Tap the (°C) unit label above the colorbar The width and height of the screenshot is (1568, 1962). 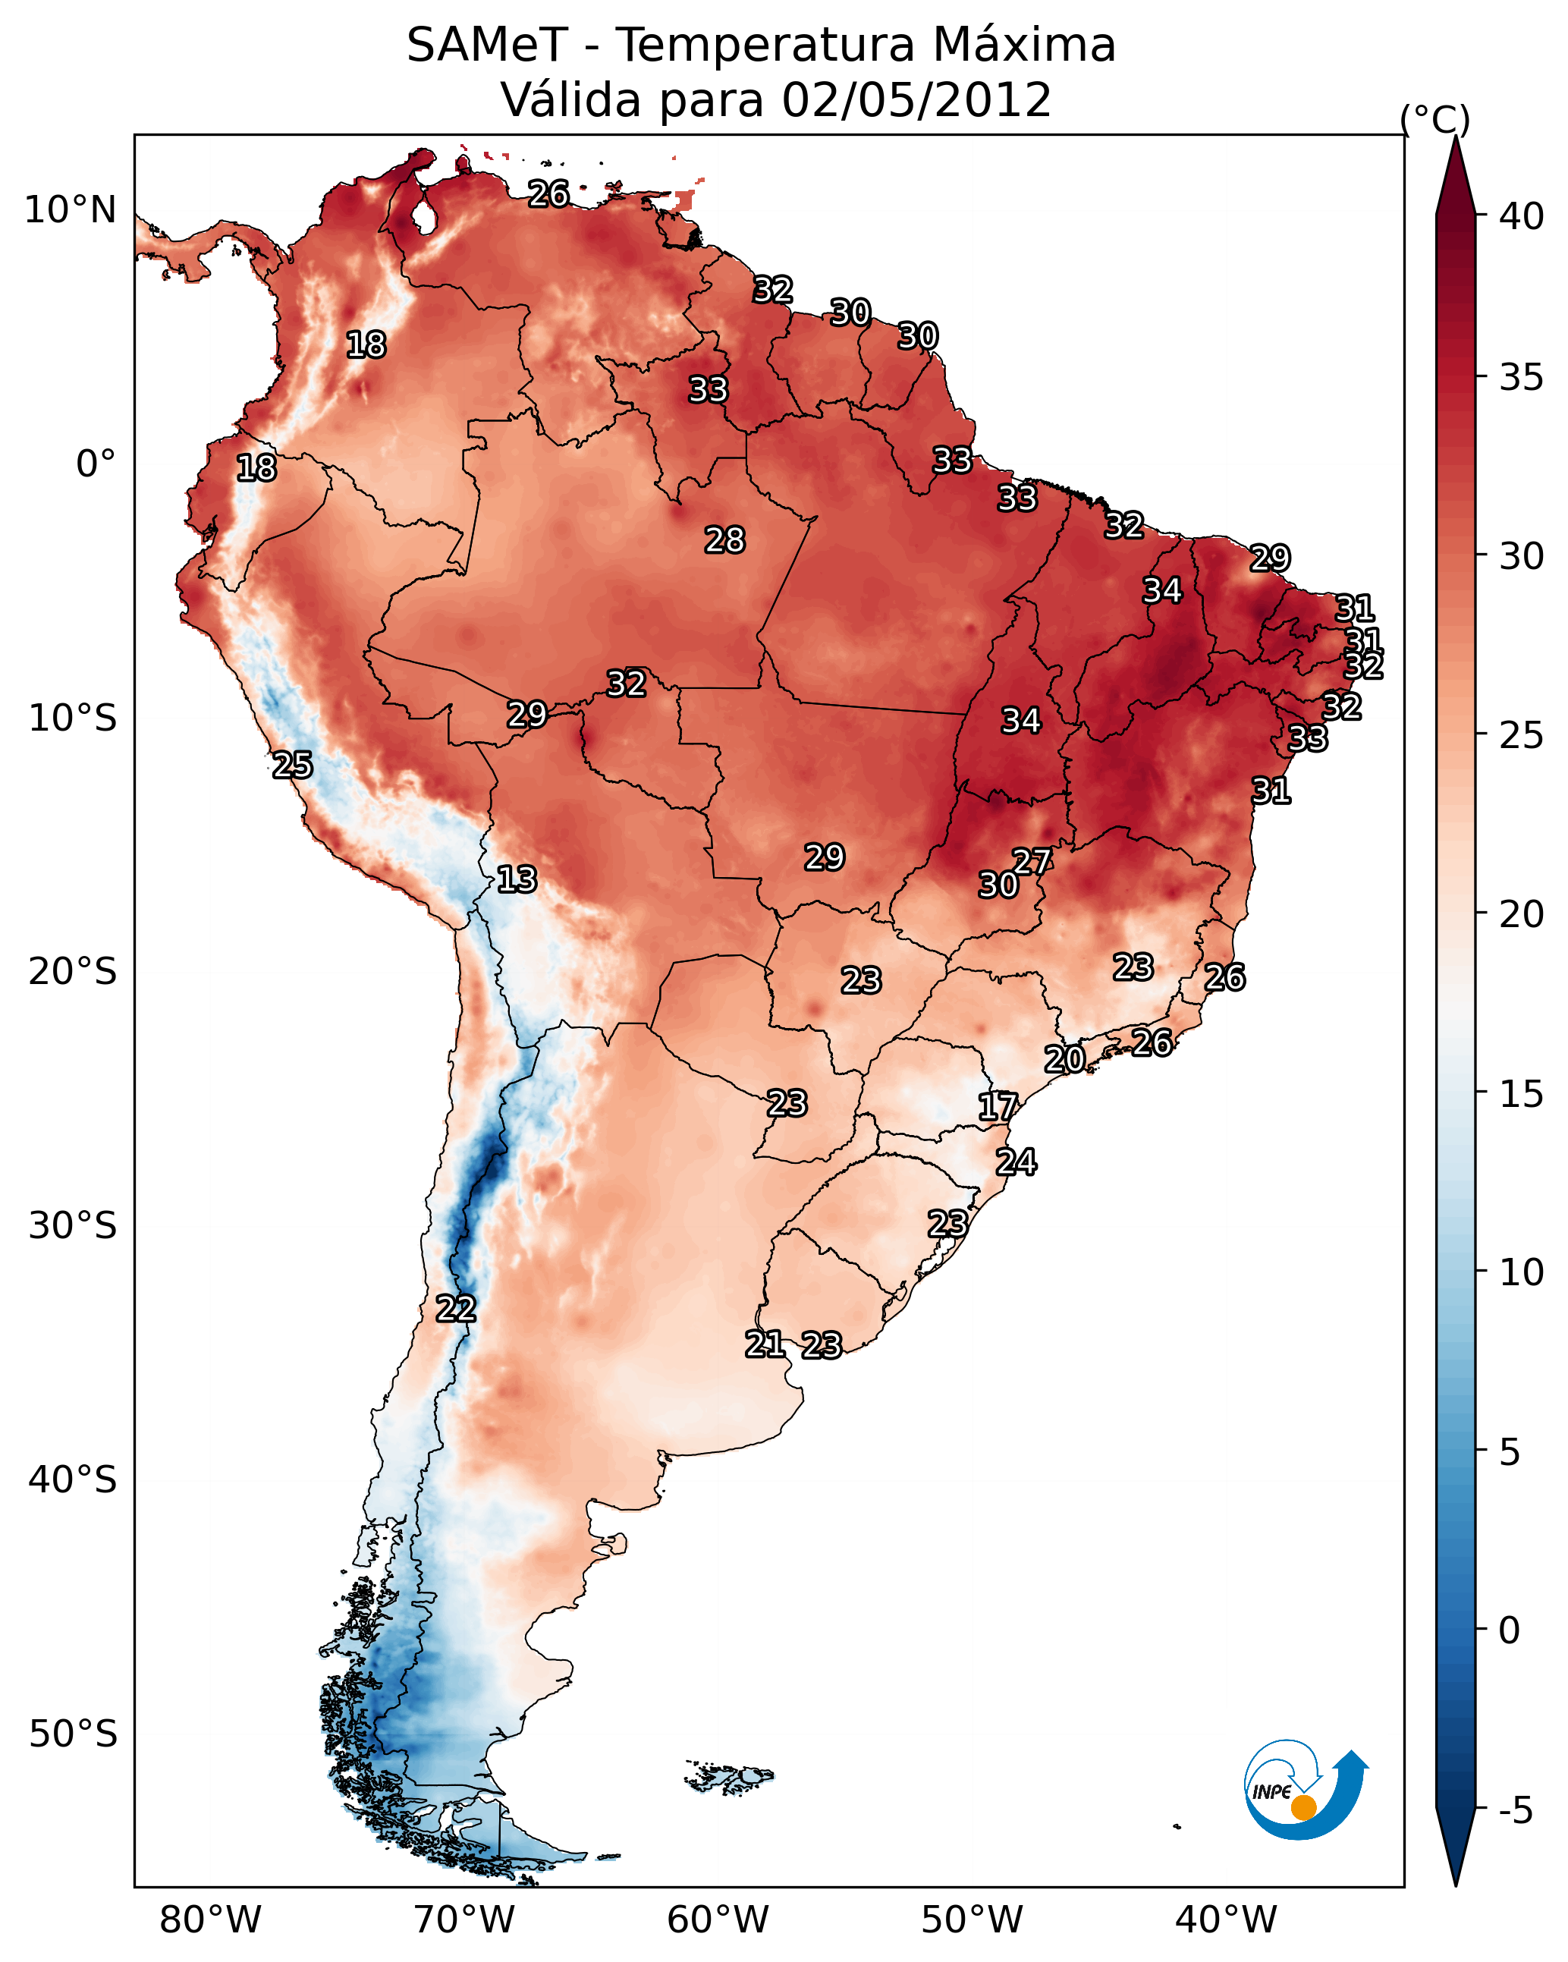tap(1434, 119)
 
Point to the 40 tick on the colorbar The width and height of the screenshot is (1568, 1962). tap(1522, 216)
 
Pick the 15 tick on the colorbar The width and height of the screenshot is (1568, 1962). tap(1522, 1094)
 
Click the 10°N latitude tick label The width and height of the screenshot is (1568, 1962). tap(70, 210)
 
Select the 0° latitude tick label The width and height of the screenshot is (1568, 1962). tap(96, 464)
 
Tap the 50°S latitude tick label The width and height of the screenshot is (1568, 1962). tap(73, 1734)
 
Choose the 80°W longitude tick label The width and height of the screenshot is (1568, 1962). tap(210, 1920)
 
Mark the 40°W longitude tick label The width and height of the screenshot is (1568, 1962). tap(1226, 1920)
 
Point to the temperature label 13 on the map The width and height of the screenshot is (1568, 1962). tap(517, 880)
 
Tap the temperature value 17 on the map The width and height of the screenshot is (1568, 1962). tap(998, 1108)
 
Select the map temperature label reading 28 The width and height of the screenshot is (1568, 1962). tap(725, 540)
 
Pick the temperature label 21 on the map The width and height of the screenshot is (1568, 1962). tap(765, 1344)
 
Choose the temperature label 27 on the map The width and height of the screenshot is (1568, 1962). tap(1032, 862)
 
